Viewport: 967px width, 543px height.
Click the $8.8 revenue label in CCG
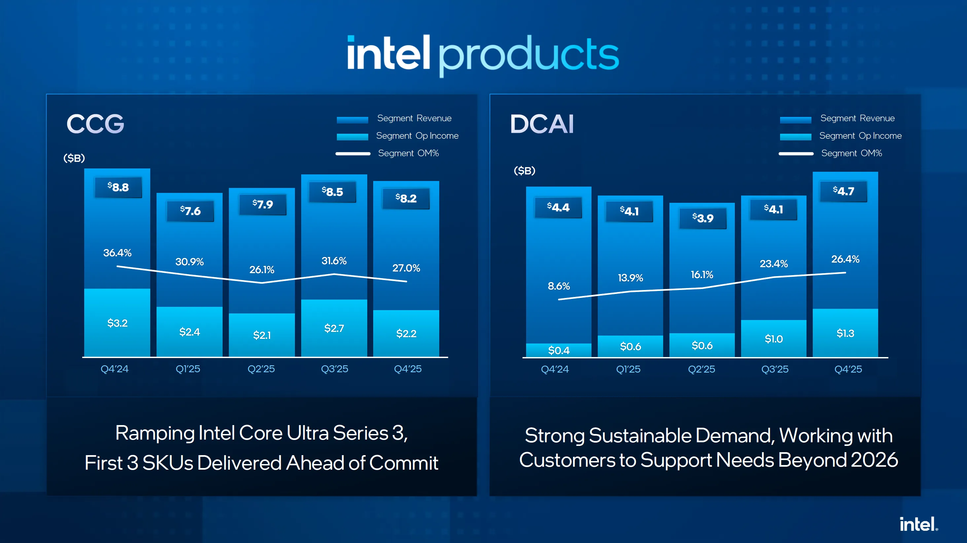pyautogui.click(x=118, y=187)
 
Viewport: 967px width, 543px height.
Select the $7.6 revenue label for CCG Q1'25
pyautogui.click(x=190, y=211)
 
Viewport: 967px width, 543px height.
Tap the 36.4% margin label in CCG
pyautogui.click(x=117, y=253)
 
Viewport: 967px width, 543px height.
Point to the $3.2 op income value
pyautogui.click(x=117, y=323)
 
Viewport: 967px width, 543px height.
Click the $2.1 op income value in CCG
pyautogui.click(x=262, y=335)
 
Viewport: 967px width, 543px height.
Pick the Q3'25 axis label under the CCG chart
pyautogui.click(x=335, y=369)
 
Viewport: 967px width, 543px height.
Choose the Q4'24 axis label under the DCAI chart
pyautogui.click(x=555, y=369)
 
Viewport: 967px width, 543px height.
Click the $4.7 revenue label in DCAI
pyautogui.click(x=843, y=191)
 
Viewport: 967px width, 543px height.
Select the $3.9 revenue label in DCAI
pyautogui.click(x=703, y=218)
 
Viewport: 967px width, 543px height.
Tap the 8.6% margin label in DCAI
pyautogui.click(x=558, y=286)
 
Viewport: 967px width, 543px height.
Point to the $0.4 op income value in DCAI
pyautogui.click(x=558, y=350)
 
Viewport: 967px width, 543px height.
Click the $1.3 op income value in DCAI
pyautogui.click(x=845, y=333)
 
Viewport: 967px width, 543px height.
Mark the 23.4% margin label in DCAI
pyautogui.click(x=774, y=264)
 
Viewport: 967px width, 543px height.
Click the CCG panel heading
pyautogui.click(x=95, y=124)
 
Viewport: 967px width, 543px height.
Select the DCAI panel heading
pyautogui.click(x=542, y=124)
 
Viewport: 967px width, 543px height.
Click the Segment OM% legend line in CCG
pyautogui.click(x=353, y=154)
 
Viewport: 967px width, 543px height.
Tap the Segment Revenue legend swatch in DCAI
pyautogui.click(x=796, y=120)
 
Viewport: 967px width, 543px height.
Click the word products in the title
pyautogui.click(x=528, y=55)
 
